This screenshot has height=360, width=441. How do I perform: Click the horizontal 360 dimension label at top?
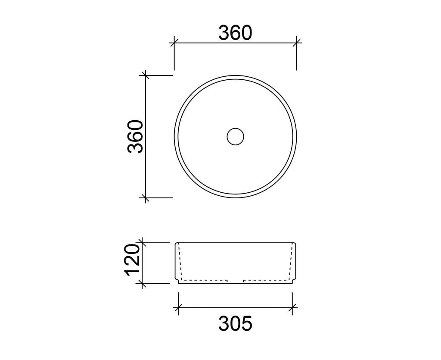pos(235,33)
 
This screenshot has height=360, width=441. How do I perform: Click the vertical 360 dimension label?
pos(135,137)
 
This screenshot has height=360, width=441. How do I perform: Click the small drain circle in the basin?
pos(236,137)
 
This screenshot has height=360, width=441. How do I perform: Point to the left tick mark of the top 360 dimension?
pos(174,43)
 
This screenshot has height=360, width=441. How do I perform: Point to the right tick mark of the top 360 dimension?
pos(296,43)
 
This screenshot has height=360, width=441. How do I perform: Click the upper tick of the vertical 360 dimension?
pos(145,75)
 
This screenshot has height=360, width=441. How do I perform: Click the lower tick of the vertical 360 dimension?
pos(145,197)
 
